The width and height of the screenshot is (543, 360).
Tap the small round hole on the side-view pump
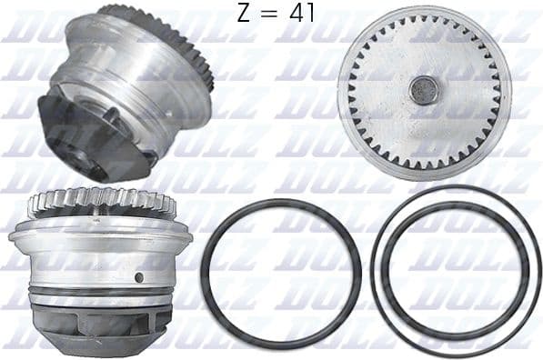139,276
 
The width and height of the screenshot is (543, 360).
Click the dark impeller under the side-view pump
100,327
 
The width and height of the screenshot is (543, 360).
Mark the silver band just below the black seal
100,302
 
